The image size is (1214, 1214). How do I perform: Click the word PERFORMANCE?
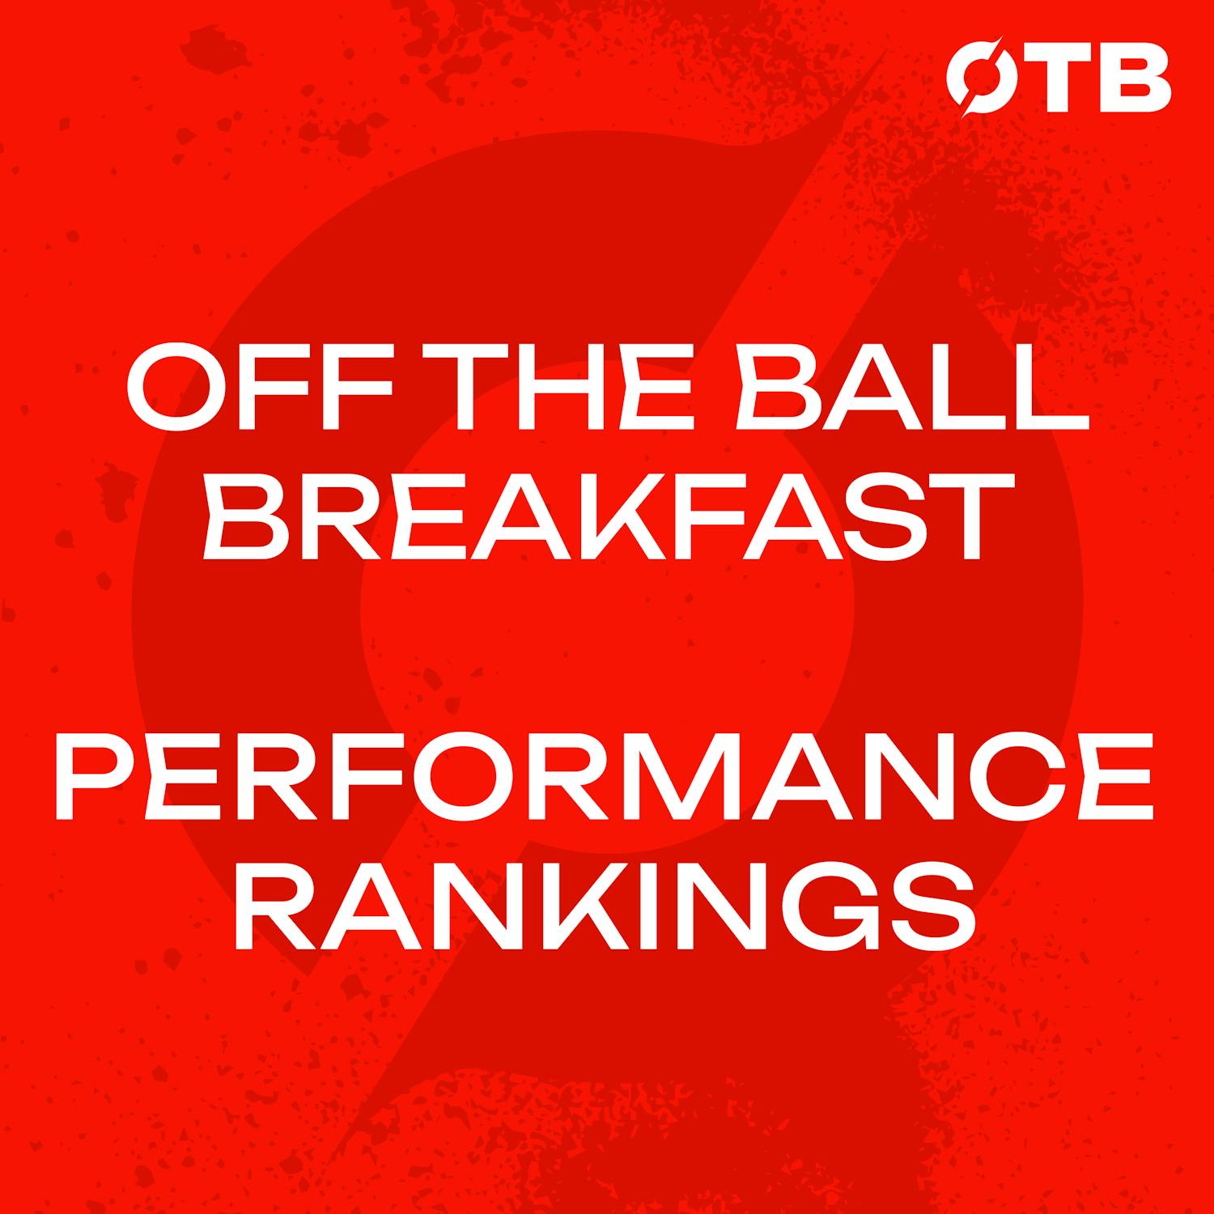[607, 771]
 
